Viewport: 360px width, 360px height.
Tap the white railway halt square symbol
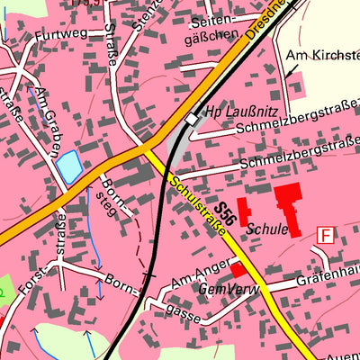[x=191, y=118]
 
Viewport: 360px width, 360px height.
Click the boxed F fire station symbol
[x=325, y=235]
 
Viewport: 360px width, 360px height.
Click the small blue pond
[x=68, y=165]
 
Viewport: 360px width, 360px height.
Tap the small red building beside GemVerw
[x=238, y=269]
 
